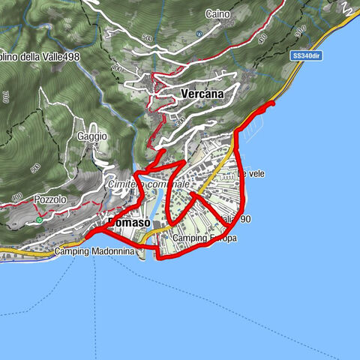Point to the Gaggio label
coord(91,136)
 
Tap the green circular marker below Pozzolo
coord(38,220)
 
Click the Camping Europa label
coord(204,238)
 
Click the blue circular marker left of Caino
coord(199,34)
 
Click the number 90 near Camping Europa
coord(244,219)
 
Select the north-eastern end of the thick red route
coord(272,104)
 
